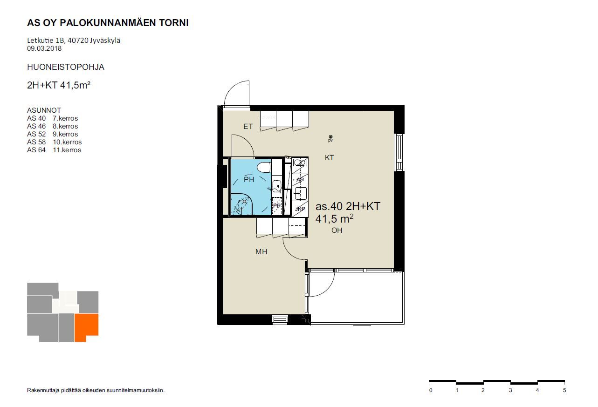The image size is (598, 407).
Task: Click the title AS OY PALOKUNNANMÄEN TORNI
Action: pyautogui.click(x=108, y=23)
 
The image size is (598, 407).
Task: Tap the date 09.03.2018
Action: pyautogui.click(x=44, y=48)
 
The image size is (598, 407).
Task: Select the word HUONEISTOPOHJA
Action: pyautogui.click(x=66, y=67)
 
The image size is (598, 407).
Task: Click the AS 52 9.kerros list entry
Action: pyautogui.click(x=52, y=134)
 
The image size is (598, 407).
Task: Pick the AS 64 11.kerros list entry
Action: pyautogui.click(x=54, y=150)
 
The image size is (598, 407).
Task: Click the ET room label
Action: pyautogui.click(x=248, y=126)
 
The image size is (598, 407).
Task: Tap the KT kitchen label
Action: pyautogui.click(x=329, y=157)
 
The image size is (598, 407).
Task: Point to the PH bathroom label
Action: pyautogui.click(x=249, y=179)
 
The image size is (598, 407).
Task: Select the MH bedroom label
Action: pyautogui.click(x=261, y=251)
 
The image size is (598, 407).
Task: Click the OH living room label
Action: pyautogui.click(x=337, y=230)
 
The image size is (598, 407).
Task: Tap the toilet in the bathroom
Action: pyautogui.click(x=264, y=168)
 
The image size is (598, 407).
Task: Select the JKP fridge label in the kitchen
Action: pyautogui.click(x=300, y=209)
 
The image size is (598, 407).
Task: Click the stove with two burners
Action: pyautogui.click(x=300, y=162)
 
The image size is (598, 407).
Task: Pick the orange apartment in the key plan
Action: pyautogui.click(x=86, y=327)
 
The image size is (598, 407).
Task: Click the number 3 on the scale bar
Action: pyautogui.click(x=510, y=390)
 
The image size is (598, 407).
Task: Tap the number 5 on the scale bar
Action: pyautogui.click(x=564, y=390)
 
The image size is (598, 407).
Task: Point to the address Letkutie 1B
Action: pyautogui.click(x=46, y=41)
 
